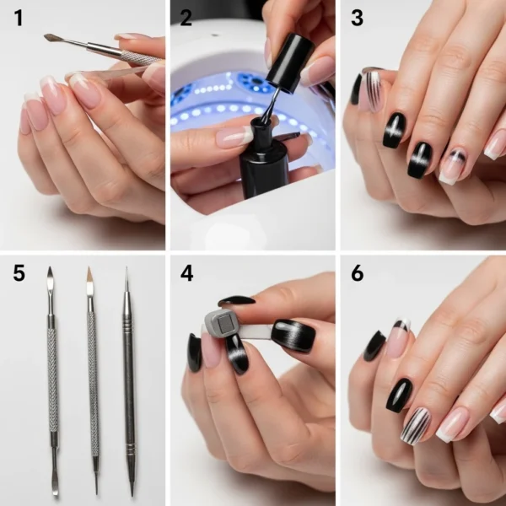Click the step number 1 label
[19, 19]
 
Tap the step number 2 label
[187, 19]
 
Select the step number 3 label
[358, 19]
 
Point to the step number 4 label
[187, 273]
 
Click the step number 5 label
[19, 273]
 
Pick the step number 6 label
[358, 273]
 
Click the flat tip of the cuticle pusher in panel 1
[51, 37]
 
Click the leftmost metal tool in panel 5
[51, 379]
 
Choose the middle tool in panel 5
[91, 379]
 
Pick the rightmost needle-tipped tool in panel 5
[129, 379]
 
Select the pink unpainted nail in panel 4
[210, 349]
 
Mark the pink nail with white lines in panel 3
[371, 89]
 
